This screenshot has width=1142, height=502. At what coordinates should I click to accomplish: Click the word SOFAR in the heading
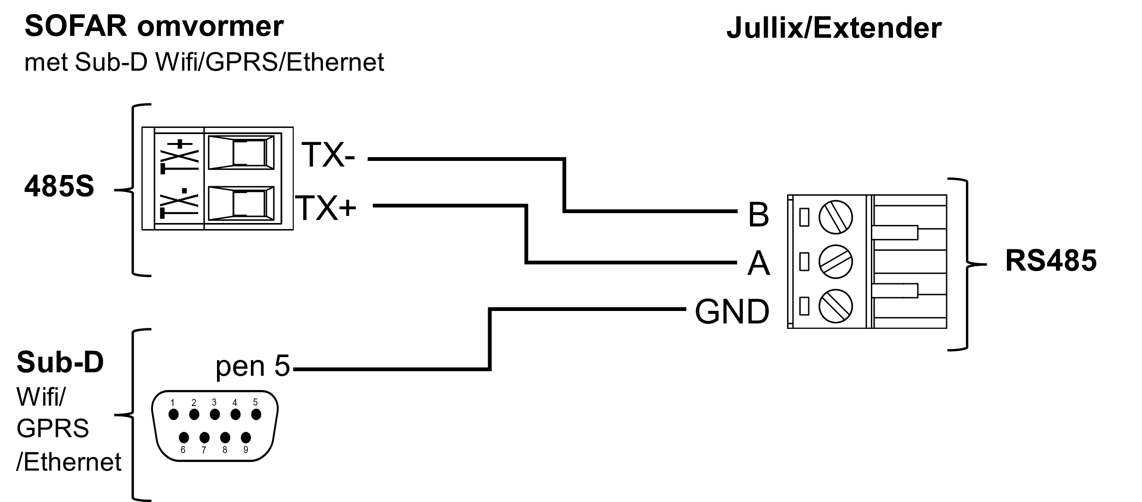[76, 26]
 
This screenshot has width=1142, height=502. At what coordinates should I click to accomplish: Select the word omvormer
[210, 26]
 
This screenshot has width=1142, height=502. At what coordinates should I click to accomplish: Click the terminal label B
[758, 215]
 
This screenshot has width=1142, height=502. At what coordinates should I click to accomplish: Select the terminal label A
[758, 263]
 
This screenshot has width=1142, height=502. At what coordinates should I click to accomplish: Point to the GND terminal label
[732, 312]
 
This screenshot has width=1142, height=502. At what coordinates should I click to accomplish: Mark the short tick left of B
[734, 211]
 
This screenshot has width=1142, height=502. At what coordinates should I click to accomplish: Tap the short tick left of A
[734, 261]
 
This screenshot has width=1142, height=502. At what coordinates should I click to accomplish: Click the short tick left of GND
[681, 309]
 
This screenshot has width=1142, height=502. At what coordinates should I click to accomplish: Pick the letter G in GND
[707, 312]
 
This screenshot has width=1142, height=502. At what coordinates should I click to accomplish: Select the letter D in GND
[758, 312]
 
